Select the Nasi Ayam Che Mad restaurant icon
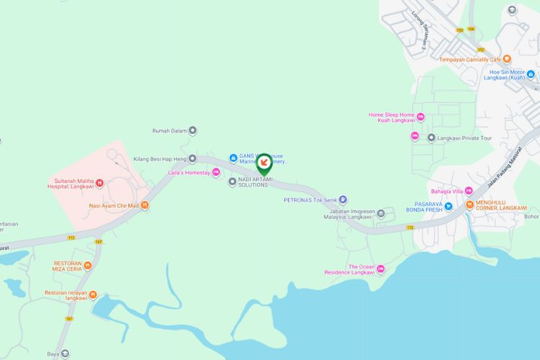pyautogui.click(x=145, y=205)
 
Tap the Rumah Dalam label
pyautogui.click(x=170, y=131)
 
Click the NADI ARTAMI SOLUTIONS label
pyautogui.click(x=253, y=182)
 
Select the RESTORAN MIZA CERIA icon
pyautogui.click(x=87, y=264)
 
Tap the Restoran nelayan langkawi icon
pyautogui.click(x=93, y=294)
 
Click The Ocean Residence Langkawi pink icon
pyautogui.click(x=381, y=269)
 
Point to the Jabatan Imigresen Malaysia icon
pyautogui.click(x=381, y=213)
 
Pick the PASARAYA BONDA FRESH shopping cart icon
pyautogui.click(x=448, y=206)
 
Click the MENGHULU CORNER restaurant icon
pyautogui.click(x=469, y=204)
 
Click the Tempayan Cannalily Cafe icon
pyautogui.click(x=507, y=59)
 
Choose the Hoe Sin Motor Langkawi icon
pyautogui.click(x=531, y=74)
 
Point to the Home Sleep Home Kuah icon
pyautogui.click(x=420, y=117)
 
